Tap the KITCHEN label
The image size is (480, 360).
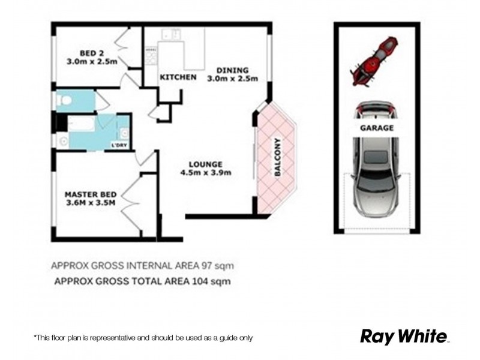pyautogui.click(x=177, y=78)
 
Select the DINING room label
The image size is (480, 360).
pyautogui.click(x=232, y=70)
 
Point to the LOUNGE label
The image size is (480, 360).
pyautogui.click(x=206, y=164)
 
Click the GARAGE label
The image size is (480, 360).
pyautogui.click(x=377, y=128)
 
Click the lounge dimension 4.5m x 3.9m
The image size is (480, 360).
pyautogui.click(x=206, y=173)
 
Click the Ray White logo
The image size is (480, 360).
pyautogui.click(x=404, y=336)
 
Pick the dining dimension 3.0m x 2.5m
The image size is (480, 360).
pyautogui.click(x=232, y=79)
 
